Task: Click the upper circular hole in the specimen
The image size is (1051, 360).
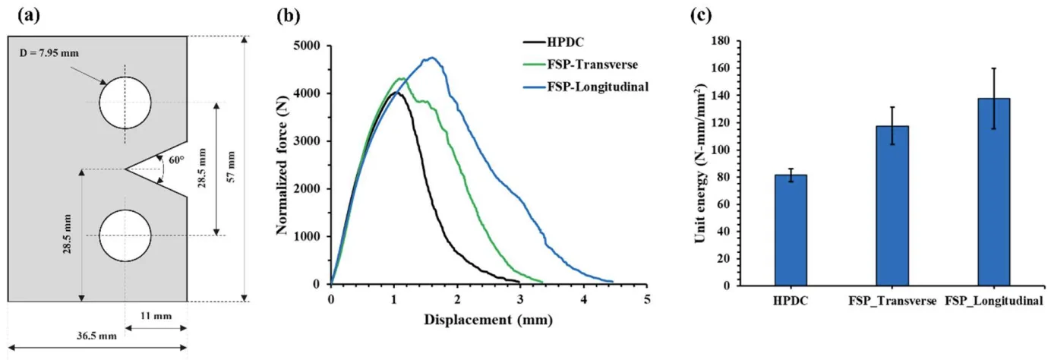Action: (125, 103)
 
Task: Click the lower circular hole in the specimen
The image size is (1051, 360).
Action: (125, 235)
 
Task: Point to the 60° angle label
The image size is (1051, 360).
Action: (177, 160)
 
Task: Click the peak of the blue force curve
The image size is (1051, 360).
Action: (432, 58)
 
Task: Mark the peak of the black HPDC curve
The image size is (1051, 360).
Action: (394, 93)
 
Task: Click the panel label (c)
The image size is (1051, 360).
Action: (701, 14)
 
